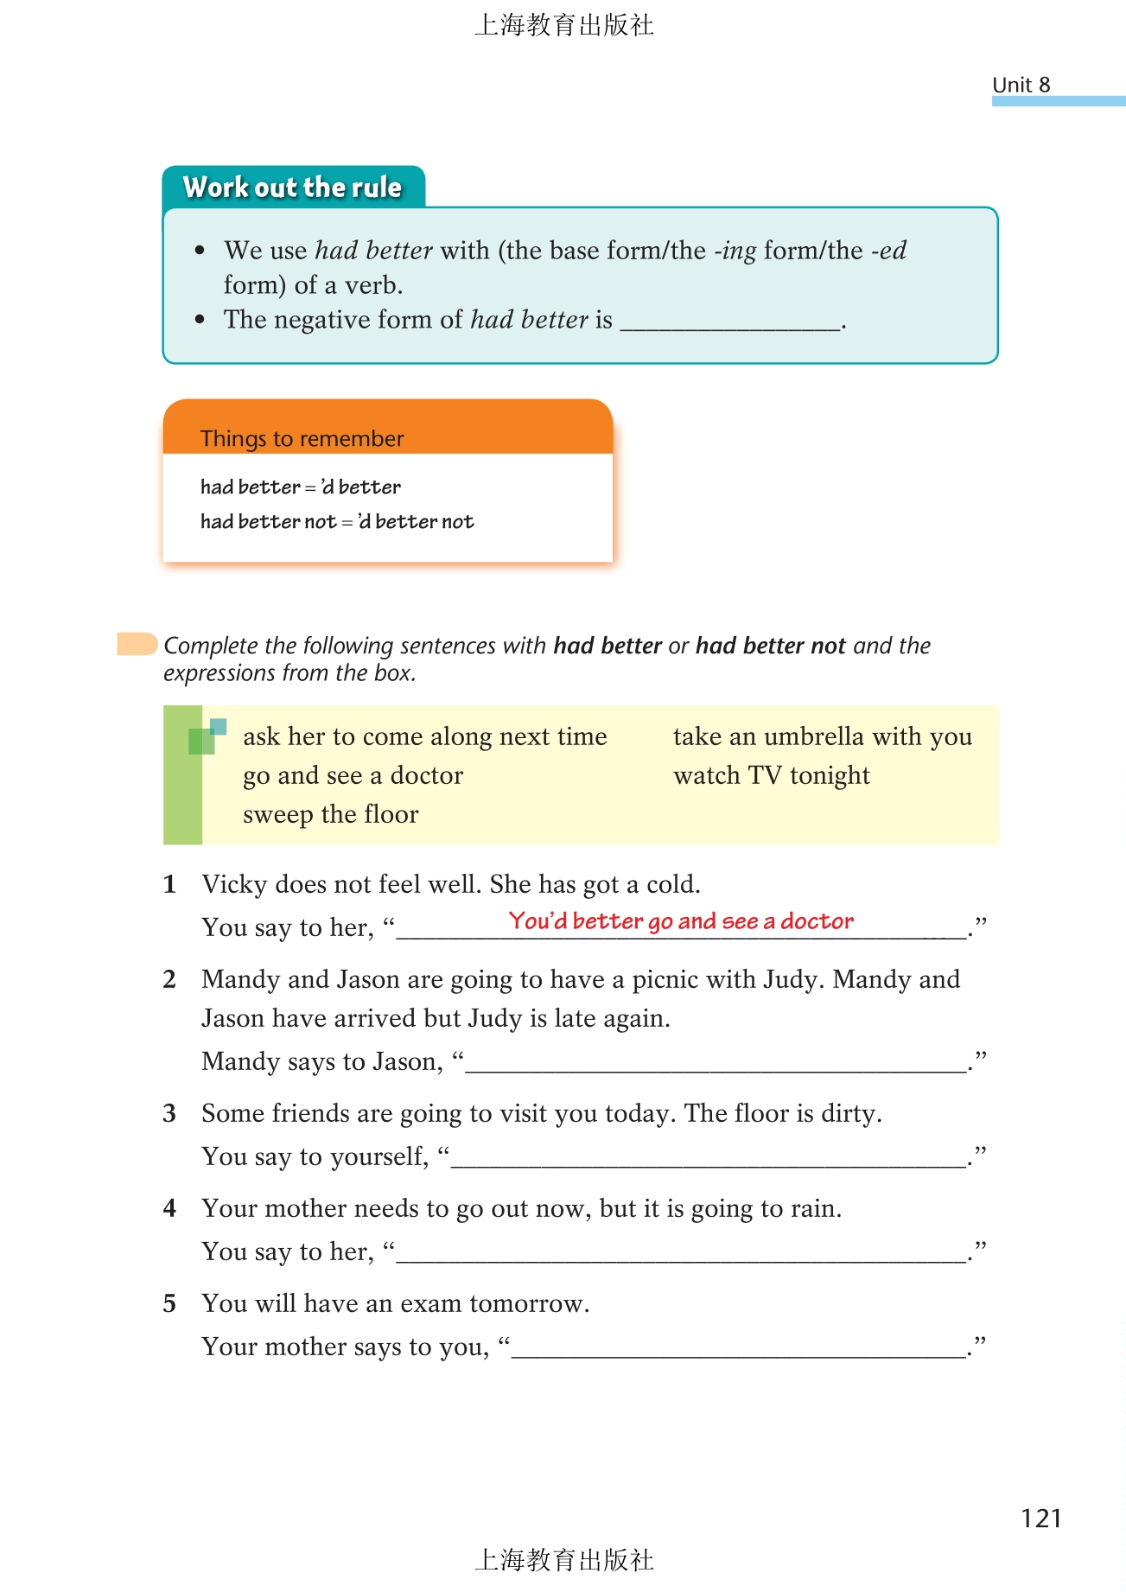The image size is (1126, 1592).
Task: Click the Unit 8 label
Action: click(x=1021, y=85)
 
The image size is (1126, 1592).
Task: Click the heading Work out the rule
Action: click(x=292, y=188)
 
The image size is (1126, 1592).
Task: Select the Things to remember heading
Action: click(x=302, y=438)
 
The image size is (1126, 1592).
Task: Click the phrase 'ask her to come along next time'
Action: click(x=424, y=736)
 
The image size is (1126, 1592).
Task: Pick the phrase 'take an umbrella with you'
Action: click(x=822, y=736)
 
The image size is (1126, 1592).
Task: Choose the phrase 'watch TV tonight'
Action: click(x=771, y=775)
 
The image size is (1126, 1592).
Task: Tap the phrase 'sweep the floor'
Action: click(x=330, y=814)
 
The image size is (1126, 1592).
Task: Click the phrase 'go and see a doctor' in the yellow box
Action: click(x=353, y=775)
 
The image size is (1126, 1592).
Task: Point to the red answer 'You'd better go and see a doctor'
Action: click(x=681, y=921)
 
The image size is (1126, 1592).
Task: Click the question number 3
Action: click(x=169, y=1113)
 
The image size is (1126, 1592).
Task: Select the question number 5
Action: click(x=169, y=1303)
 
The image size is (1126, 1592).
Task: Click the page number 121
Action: click(x=1040, y=1519)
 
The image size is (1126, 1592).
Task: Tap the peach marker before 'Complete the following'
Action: click(x=137, y=644)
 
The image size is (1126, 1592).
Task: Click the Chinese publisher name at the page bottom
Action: click(x=563, y=1559)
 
